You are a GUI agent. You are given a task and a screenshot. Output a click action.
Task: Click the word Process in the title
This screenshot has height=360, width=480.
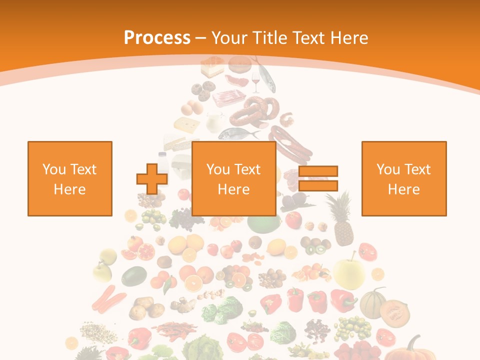[x=157, y=38]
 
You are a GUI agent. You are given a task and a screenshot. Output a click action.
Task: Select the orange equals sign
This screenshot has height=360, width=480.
[x=318, y=178]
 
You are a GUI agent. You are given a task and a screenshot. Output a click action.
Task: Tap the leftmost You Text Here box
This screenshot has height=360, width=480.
[x=70, y=178]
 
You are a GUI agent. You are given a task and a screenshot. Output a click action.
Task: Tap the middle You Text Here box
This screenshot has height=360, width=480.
[x=233, y=178]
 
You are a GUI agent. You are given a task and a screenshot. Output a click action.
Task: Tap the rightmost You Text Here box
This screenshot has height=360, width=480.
[x=404, y=178]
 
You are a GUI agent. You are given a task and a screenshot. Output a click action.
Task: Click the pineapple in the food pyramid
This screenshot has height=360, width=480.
[x=341, y=220]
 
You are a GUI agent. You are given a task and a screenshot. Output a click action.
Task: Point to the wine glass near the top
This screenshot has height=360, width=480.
[x=256, y=81]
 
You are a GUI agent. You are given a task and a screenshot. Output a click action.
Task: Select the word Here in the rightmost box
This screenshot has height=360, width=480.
[x=404, y=189]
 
